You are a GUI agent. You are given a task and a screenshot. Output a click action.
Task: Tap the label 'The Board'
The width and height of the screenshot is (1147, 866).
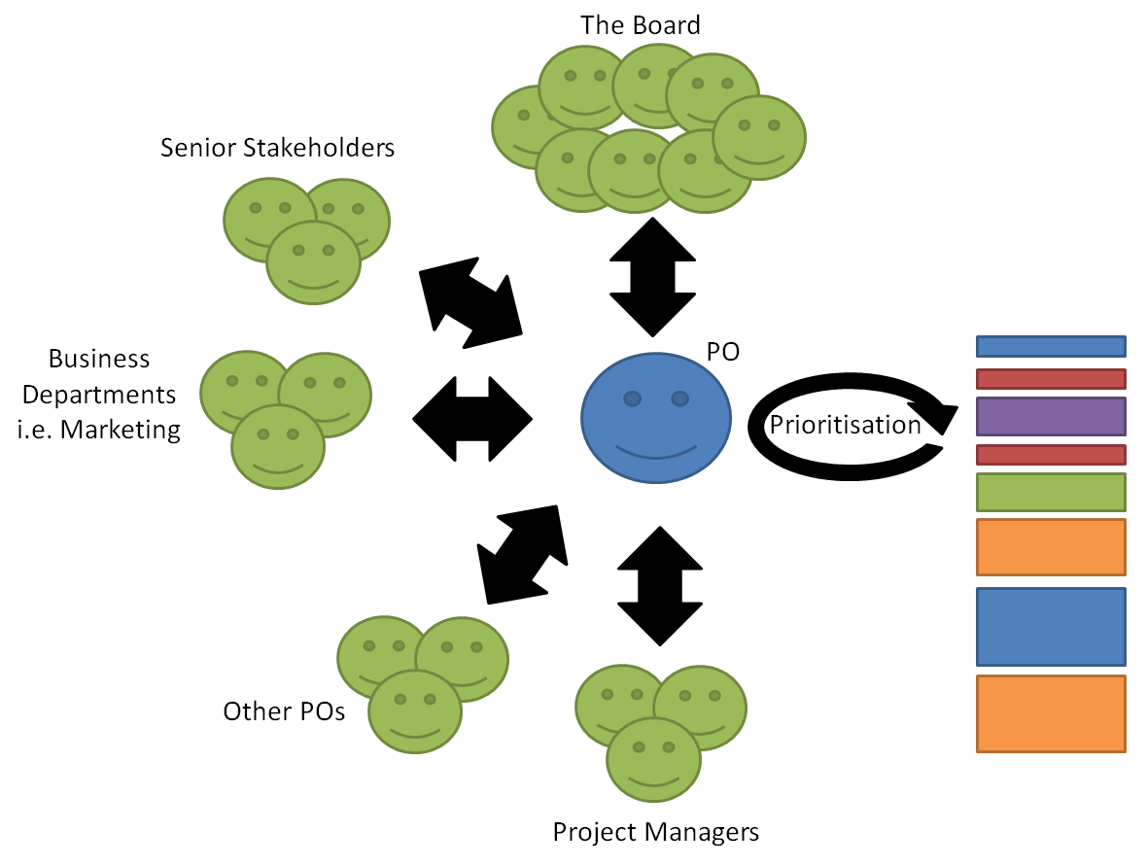(641, 25)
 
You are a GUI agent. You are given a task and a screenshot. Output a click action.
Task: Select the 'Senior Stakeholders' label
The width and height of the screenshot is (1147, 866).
(278, 148)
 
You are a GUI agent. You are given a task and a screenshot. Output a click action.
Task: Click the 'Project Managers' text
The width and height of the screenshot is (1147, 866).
(655, 832)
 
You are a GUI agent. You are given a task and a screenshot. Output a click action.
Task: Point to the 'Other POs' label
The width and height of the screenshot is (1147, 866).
(284, 711)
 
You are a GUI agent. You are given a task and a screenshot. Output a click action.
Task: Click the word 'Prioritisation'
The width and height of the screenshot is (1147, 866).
(845, 425)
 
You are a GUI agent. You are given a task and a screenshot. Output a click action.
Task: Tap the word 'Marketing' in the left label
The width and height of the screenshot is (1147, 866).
(121, 429)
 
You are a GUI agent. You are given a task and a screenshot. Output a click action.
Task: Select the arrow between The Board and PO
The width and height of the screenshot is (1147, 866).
(652, 277)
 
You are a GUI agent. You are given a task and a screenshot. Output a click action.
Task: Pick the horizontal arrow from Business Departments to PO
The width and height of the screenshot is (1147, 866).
(472, 419)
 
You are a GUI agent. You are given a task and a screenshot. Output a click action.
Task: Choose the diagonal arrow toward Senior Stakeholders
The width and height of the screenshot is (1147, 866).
(470, 302)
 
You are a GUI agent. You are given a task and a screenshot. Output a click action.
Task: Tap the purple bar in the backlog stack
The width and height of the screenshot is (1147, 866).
(1051, 416)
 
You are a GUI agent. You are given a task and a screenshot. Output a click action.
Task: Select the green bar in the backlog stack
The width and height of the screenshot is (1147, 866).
(1051, 492)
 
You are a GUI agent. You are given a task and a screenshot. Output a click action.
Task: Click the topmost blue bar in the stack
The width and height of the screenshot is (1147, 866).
(1051, 346)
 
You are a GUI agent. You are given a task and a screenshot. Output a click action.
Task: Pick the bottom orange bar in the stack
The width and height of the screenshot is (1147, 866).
(1051, 713)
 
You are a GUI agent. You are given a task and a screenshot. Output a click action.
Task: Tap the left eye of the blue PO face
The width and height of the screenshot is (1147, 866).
(632, 398)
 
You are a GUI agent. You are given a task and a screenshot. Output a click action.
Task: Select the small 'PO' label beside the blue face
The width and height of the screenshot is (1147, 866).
(722, 353)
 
